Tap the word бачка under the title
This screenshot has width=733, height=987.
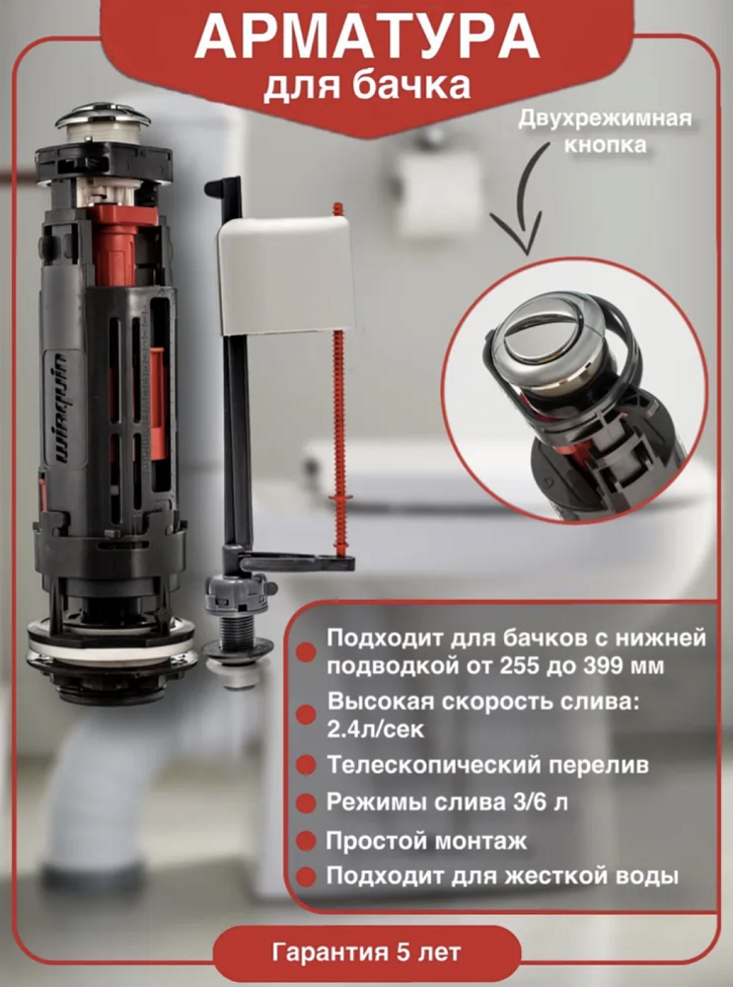[410, 86]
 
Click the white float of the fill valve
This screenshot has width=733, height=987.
[286, 275]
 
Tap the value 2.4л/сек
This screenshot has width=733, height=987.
[376, 729]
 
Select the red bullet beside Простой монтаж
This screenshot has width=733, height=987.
[306, 841]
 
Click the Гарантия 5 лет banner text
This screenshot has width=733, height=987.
[366, 951]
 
